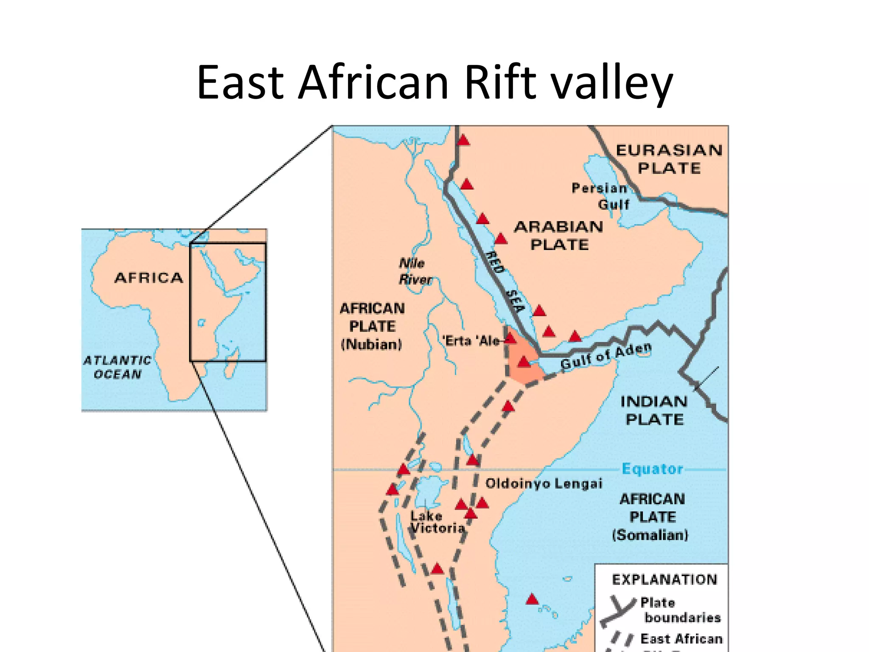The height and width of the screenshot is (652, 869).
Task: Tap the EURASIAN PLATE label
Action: coord(669,159)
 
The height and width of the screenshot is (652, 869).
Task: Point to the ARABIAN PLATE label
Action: coord(559,236)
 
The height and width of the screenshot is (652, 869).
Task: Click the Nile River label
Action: coord(415,272)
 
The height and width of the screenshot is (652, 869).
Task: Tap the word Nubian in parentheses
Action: coord(372,344)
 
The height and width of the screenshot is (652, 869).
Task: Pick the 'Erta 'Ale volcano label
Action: coord(471,340)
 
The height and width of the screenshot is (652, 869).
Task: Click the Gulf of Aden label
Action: coord(605,357)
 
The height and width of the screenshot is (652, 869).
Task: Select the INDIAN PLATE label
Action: coord(654,410)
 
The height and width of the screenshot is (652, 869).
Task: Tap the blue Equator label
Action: coord(653,469)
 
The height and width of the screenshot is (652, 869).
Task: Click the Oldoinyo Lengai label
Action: coord(544,483)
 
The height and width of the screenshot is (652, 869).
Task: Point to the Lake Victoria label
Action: coord(437,522)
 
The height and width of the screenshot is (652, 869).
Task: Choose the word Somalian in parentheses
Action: coord(650,535)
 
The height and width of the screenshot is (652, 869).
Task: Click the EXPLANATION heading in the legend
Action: coord(664,579)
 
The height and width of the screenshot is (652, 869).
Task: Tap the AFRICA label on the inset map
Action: coord(149,278)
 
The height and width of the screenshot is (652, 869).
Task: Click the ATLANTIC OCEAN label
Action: coord(118,367)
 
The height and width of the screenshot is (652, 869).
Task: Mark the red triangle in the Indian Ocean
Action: coord(532,599)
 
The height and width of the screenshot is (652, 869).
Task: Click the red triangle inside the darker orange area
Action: coord(524,362)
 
